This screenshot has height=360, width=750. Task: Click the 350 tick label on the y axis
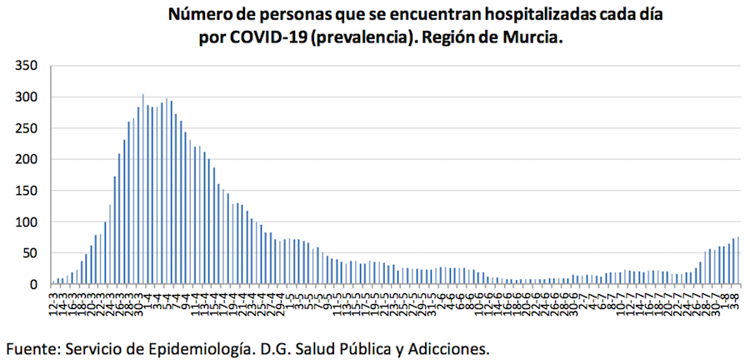(x=26, y=66)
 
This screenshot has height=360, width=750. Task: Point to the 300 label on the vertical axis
(x=26, y=97)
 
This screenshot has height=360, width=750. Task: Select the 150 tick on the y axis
(x=26, y=191)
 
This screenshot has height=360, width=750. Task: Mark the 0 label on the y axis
(x=33, y=284)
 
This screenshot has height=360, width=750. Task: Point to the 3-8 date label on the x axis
(x=738, y=301)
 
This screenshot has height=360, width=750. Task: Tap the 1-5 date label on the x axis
(x=291, y=301)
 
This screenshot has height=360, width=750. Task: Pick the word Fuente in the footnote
(x=32, y=346)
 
